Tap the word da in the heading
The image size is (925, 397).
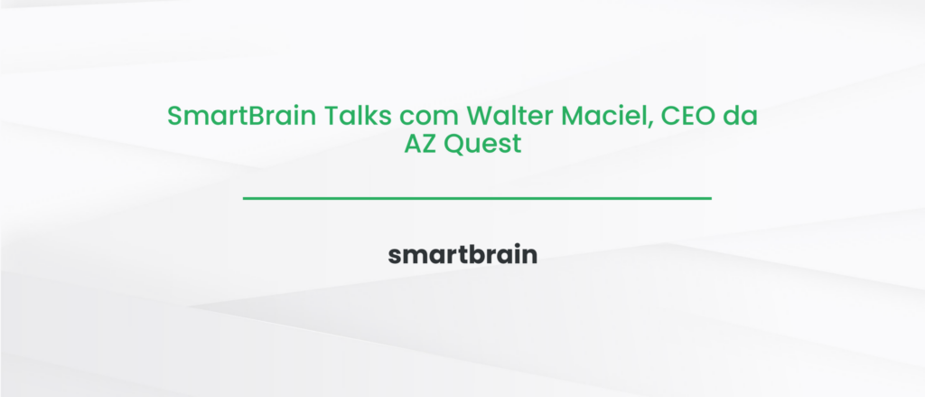tap(739, 117)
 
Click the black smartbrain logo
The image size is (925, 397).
tap(462, 255)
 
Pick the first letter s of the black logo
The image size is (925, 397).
tap(395, 257)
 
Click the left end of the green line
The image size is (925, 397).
tap(245, 198)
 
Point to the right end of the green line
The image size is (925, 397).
tap(710, 198)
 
